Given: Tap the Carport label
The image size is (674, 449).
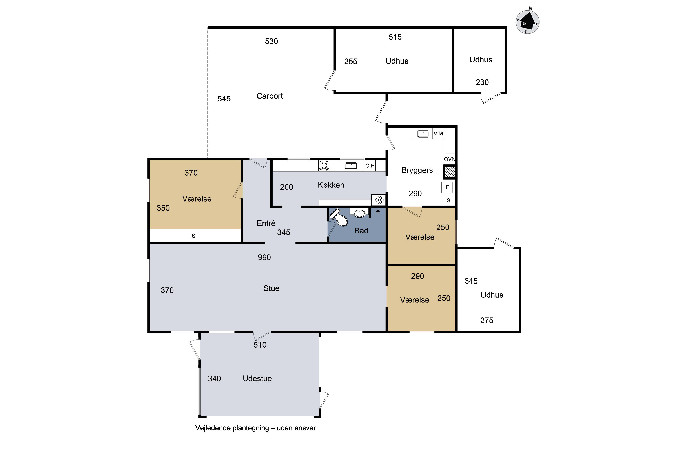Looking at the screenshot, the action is click(269, 96).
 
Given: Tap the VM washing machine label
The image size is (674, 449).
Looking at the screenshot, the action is click(438, 133).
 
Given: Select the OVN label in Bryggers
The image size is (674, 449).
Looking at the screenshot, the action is click(449, 159).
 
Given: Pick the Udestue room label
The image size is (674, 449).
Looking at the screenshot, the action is click(257, 378).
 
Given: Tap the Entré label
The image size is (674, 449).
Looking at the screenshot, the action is click(266, 223).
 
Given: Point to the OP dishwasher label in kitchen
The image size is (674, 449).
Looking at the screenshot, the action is click(370, 165).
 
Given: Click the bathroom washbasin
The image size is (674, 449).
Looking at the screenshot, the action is click(359, 213).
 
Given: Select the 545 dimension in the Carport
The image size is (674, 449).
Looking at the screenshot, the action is click(224, 99).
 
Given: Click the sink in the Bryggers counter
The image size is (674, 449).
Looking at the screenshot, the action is click(423, 134).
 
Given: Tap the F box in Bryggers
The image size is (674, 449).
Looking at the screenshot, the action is click(447, 187).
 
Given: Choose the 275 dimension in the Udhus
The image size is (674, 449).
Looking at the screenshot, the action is click(487, 320).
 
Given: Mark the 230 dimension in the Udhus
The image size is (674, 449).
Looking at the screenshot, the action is click(482, 82).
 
